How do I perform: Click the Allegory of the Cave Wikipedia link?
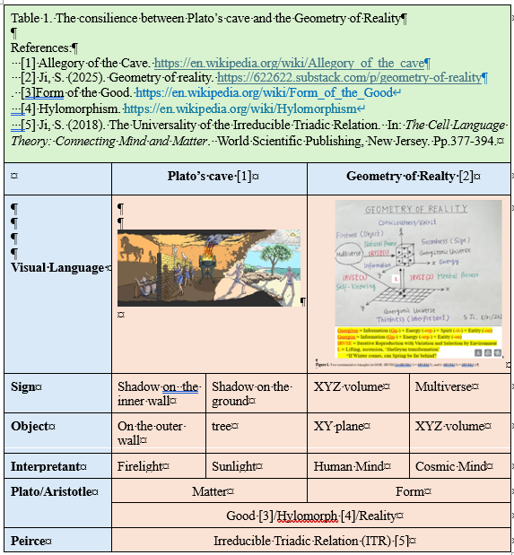(x=289, y=64)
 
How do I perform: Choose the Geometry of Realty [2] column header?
(x=407, y=177)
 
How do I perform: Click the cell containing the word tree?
(x=224, y=427)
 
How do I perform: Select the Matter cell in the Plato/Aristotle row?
(x=208, y=491)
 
